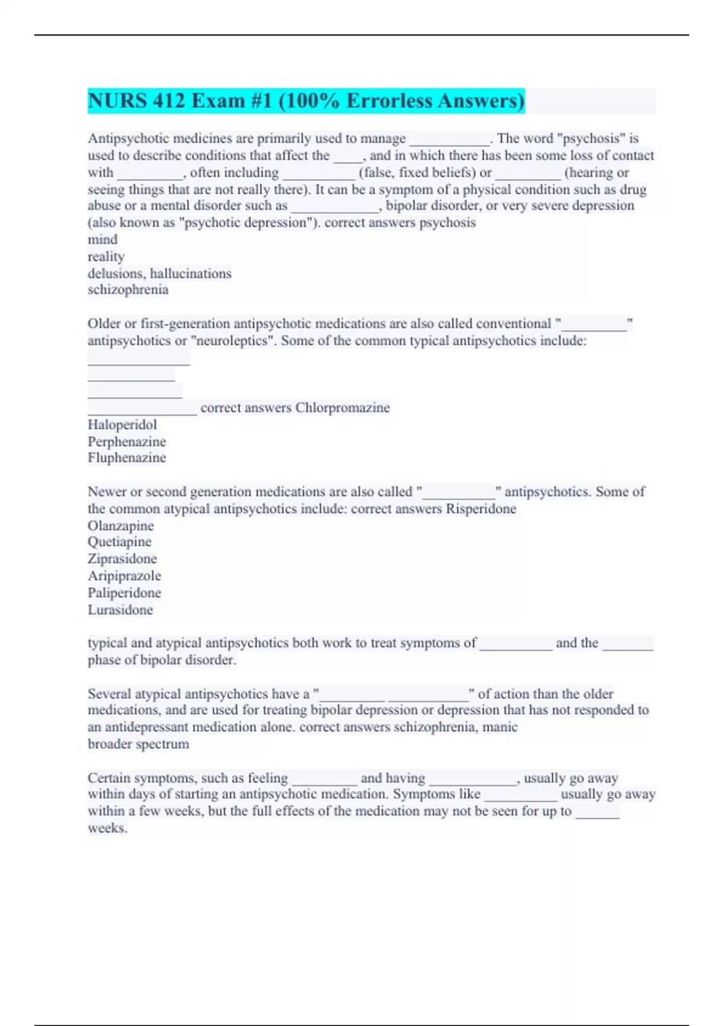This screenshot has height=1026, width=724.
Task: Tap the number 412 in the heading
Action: click(x=169, y=101)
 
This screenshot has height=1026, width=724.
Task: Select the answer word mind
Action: click(x=103, y=240)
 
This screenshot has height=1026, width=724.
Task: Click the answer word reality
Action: click(x=106, y=256)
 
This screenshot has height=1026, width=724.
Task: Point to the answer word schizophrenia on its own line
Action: click(x=128, y=290)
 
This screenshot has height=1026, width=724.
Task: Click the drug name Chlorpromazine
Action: click(x=342, y=408)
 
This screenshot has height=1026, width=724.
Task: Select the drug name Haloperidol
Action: click(x=122, y=425)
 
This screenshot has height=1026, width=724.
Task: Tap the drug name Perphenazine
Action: click(x=127, y=442)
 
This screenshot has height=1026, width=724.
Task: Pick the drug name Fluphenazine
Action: click(x=127, y=458)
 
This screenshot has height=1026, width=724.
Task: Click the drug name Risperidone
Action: click(x=481, y=509)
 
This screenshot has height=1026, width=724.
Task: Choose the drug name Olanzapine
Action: click(x=121, y=526)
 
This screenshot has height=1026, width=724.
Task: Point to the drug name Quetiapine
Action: click(x=119, y=542)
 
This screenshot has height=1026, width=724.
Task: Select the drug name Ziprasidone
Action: click(x=122, y=559)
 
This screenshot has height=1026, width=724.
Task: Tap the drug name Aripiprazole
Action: click(x=124, y=576)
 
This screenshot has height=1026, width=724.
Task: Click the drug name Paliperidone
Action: click(x=124, y=593)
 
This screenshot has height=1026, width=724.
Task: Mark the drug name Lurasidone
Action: click(x=120, y=610)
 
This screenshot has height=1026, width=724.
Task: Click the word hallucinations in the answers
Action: click(x=191, y=273)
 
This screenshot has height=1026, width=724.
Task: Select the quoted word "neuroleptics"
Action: click(x=232, y=341)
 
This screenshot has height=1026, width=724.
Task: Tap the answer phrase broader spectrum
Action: click(x=138, y=744)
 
